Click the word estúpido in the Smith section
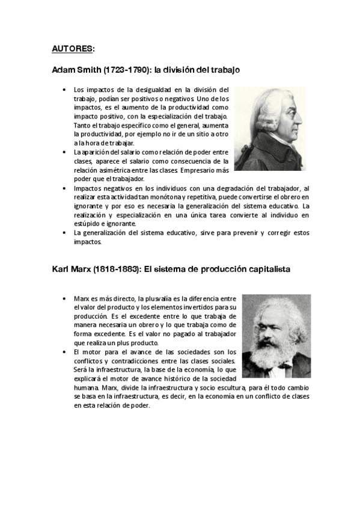[87, 223]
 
